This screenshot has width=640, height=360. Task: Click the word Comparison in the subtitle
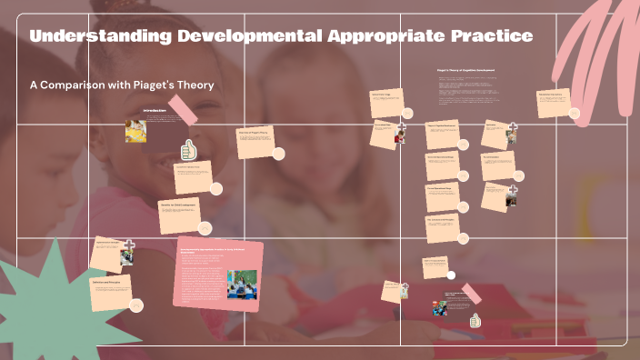pos(84,85)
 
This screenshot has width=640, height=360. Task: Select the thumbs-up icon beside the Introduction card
pos(189,149)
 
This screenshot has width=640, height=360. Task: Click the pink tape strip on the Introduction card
pos(183,109)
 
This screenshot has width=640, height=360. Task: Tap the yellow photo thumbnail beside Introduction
pos(136,131)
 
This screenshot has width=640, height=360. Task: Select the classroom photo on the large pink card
pos(242,283)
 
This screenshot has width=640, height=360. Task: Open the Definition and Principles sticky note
pos(111,291)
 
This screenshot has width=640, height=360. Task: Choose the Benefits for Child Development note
pos(178,215)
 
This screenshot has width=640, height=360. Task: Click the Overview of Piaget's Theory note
pos(255,139)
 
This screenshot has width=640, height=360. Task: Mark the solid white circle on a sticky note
pos(451,275)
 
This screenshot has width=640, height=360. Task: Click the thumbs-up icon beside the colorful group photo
pos(475,320)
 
